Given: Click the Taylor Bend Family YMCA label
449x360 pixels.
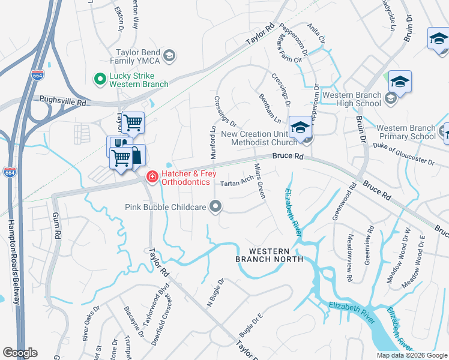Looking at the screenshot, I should [136, 56].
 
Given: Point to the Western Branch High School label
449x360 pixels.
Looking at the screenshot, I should [352, 99].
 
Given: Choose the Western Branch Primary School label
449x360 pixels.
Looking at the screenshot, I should [406, 132].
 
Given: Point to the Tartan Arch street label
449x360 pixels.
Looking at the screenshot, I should [237, 182].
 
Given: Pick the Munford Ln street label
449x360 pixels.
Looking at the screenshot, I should [212, 142].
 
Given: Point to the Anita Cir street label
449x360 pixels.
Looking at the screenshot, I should [317, 33].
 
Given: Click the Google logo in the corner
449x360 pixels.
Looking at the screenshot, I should [20, 353].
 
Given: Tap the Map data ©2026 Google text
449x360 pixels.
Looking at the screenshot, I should [412, 355].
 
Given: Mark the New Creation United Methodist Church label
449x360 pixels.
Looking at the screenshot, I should [260, 138].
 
